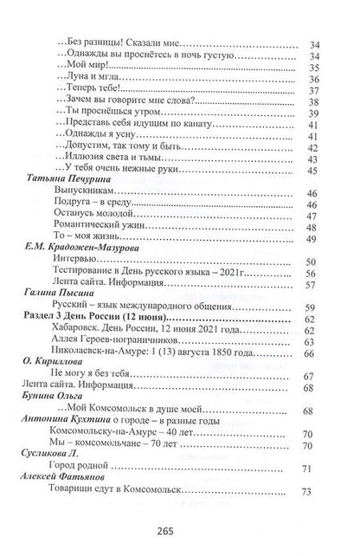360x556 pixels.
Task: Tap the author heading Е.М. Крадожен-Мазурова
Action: pyautogui.click(x=83, y=247)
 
